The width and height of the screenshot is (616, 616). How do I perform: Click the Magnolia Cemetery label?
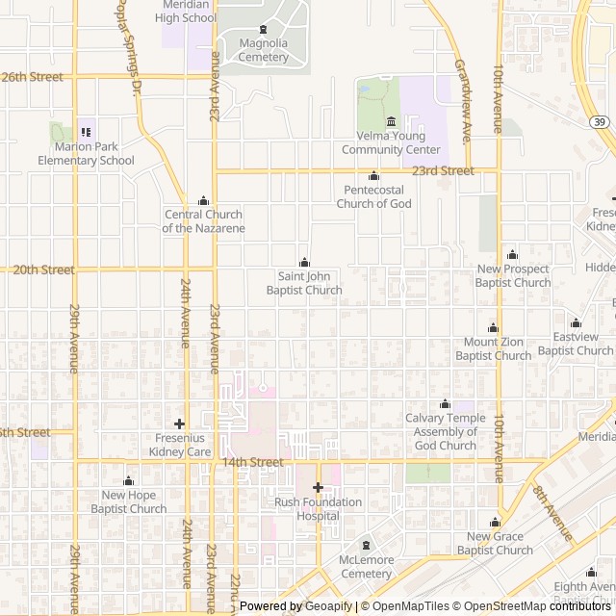[264, 50]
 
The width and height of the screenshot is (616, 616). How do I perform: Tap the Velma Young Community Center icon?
[391, 121]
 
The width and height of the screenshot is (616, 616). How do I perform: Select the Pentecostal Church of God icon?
[374, 176]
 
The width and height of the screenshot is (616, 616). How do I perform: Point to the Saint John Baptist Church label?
[304, 283]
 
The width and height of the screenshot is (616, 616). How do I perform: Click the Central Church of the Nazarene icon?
[203, 200]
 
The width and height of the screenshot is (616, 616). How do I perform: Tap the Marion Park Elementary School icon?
[87, 132]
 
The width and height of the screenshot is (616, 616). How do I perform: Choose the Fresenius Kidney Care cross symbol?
[179, 423]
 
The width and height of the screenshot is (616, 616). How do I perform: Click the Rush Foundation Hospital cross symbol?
[319, 487]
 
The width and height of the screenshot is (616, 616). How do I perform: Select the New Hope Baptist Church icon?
[128, 481]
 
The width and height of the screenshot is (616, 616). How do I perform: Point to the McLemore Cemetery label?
[366, 567]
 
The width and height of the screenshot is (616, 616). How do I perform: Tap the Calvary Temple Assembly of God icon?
[445, 403]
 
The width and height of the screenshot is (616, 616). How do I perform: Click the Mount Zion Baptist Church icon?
[494, 328]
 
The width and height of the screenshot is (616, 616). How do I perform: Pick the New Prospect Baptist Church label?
[513, 276]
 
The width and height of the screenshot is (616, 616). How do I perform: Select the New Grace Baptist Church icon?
[495, 523]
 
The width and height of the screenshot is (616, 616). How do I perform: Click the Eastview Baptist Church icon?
[576, 322]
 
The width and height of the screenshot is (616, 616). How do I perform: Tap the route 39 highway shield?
[600, 121]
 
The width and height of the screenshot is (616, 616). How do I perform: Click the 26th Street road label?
[33, 77]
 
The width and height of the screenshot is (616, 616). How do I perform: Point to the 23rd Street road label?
[443, 170]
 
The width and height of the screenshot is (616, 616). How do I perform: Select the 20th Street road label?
[43, 269]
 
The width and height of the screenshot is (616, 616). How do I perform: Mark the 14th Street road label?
[252, 462]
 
